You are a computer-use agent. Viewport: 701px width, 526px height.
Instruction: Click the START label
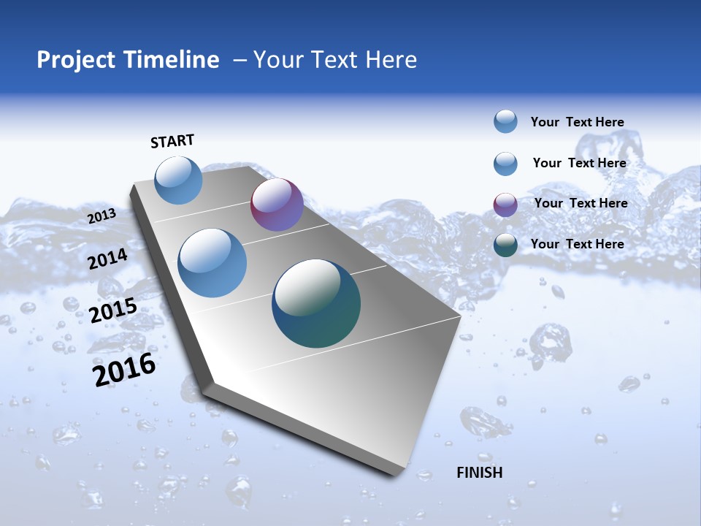172,141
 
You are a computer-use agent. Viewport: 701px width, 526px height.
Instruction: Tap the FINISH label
479,473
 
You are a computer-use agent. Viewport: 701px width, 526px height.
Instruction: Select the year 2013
101,216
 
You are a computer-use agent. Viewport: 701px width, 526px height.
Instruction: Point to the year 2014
108,259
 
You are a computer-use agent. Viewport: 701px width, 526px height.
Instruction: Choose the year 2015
113,310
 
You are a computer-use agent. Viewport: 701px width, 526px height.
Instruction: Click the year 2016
124,370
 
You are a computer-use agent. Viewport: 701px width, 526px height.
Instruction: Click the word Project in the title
76,60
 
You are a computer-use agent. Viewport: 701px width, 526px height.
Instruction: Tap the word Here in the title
391,60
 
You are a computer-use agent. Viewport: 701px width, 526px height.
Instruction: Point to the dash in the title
240,60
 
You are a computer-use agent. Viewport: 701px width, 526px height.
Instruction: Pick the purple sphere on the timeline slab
277,205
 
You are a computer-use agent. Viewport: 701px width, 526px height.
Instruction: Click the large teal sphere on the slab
316,303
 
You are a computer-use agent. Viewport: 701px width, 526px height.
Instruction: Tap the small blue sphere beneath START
179,180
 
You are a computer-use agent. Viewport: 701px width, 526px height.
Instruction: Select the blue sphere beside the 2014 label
212,263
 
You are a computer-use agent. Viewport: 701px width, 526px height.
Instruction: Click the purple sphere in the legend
505,205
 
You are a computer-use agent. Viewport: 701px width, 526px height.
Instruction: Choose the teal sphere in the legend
505,245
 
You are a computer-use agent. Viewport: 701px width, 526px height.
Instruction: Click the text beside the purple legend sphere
581,203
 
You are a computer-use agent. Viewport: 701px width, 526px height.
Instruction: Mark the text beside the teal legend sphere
577,244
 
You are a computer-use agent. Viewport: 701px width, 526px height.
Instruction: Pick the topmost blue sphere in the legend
505,121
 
